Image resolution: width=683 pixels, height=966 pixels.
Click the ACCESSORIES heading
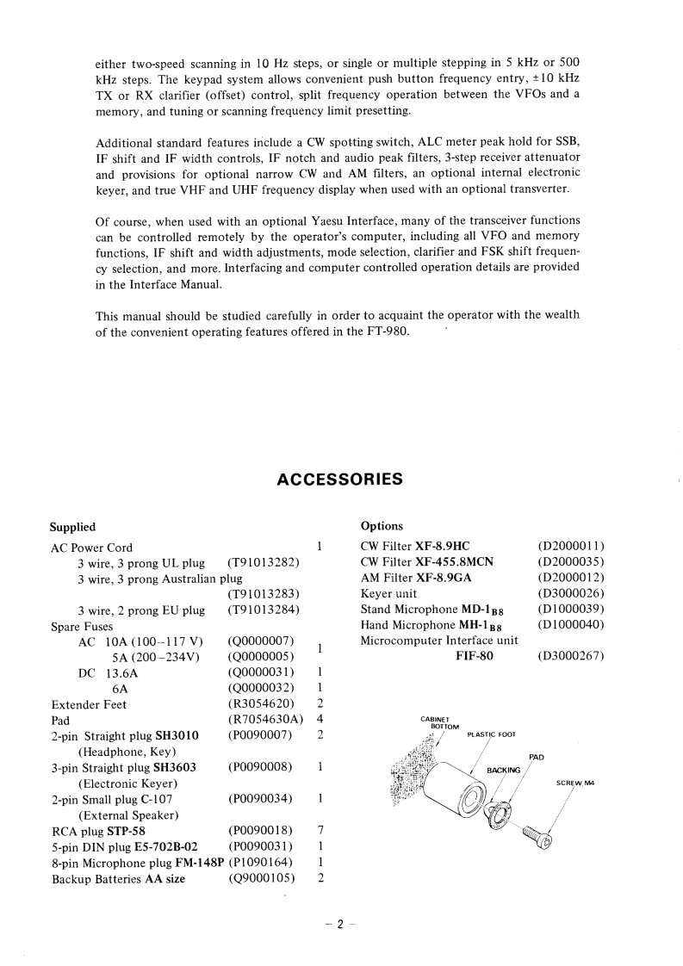(340, 480)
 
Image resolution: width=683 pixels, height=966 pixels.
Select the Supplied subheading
(72, 527)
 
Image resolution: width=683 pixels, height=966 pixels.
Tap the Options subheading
(382, 526)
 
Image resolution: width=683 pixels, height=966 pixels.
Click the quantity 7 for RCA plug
(320, 830)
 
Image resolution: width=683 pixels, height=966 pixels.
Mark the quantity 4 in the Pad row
(320, 719)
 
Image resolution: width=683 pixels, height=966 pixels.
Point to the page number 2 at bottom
(340, 924)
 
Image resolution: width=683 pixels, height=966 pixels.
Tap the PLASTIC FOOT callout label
(491, 734)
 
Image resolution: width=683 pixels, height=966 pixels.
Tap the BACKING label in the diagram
(504, 769)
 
